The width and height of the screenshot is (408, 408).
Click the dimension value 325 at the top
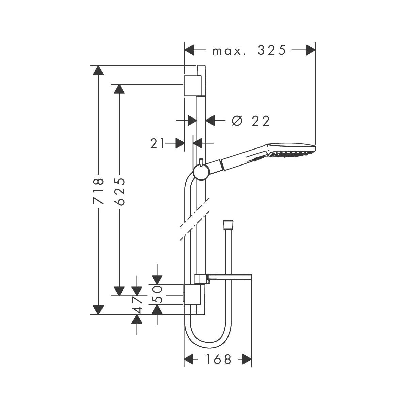click(271, 50)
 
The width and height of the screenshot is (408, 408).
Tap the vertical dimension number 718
click(99, 191)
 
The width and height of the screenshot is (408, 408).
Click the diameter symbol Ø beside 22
click(237, 121)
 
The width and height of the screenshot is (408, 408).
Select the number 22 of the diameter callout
click(261, 121)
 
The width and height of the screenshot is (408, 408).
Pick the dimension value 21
click(157, 143)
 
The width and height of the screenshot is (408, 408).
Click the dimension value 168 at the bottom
click(218, 359)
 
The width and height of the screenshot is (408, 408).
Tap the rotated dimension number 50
click(157, 295)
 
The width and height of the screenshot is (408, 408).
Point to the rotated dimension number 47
click(137, 305)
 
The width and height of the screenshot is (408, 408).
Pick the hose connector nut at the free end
click(227, 225)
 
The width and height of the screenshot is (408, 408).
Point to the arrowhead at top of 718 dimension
click(98, 70)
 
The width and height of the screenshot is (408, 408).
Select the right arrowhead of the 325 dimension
click(310, 50)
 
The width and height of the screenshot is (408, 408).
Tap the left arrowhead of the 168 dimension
click(189, 359)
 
